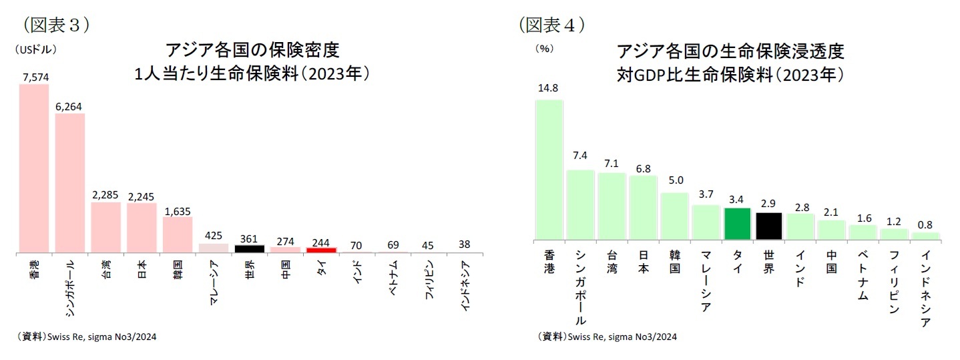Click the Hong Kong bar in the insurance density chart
coord(33,169)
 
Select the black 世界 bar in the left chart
coord(249,248)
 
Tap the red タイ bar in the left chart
coord(321,250)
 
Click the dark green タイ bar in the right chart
coord(737,224)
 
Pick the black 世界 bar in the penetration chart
coord(768,226)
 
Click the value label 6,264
coord(69,106)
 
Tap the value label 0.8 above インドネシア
coord(925,224)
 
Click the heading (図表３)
coord(56,25)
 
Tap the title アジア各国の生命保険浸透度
coord(731,51)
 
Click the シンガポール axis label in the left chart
coord(70,287)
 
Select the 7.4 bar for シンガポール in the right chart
coord(580,205)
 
